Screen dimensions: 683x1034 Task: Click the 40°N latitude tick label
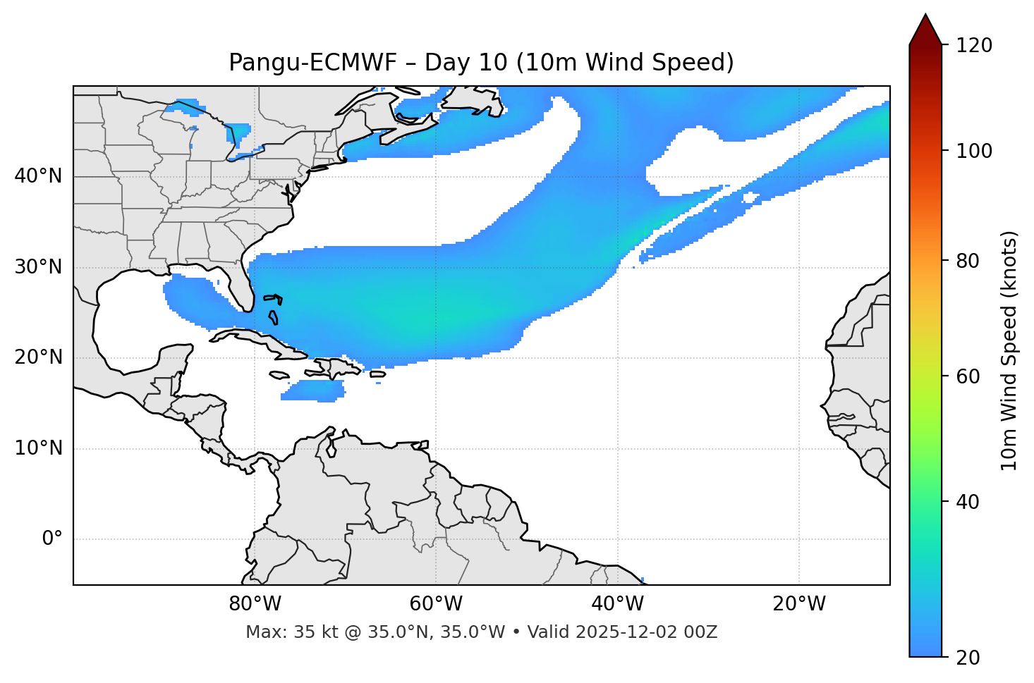pos(38,176)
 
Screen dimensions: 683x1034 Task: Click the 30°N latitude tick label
pos(38,267)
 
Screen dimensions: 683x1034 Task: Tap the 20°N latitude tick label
pos(38,357)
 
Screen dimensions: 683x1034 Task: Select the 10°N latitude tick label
pos(38,448)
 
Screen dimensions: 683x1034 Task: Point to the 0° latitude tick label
pos(52,539)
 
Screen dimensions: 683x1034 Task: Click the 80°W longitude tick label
pos(255,604)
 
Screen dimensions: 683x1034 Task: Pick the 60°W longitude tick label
pos(436,604)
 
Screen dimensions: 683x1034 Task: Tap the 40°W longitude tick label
pos(617,604)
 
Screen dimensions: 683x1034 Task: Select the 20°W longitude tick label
pos(799,604)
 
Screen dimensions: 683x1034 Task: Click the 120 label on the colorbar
pos(973,46)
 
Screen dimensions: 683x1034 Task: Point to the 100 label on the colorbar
pos(973,151)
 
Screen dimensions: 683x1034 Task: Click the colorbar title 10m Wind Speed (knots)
pos(1009,351)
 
